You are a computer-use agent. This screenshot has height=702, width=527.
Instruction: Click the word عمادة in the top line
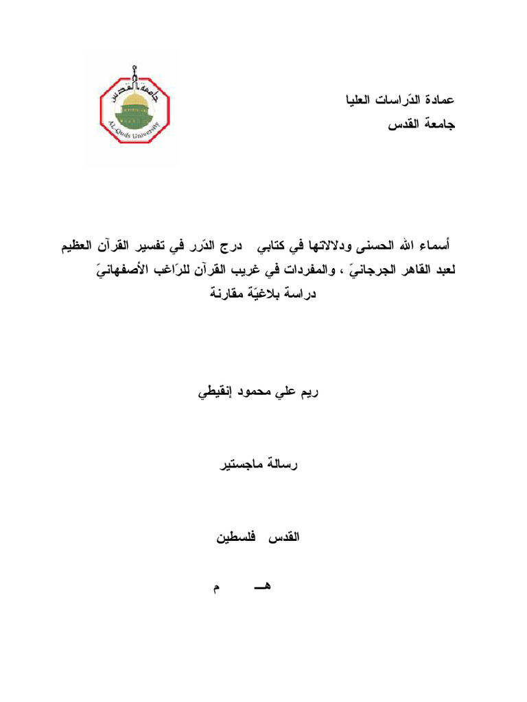(438, 100)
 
